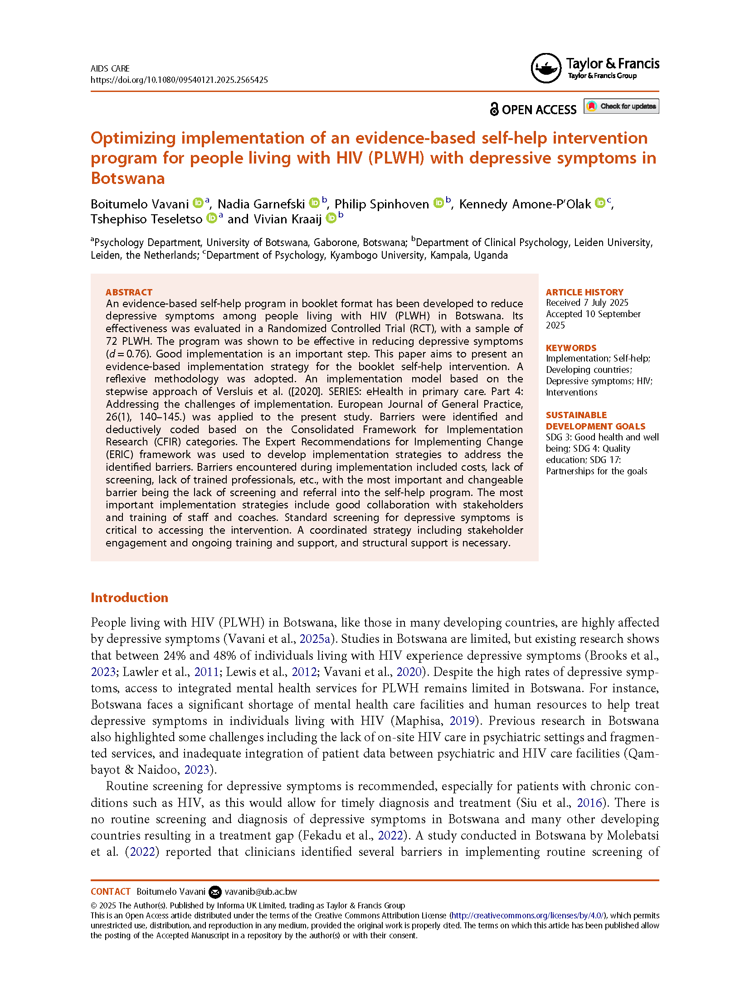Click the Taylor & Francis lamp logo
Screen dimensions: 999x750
coord(545,68)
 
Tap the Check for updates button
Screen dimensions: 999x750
coord(621,106)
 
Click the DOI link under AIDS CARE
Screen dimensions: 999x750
coord(179,80)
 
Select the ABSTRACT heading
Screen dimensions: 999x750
coord(129,292)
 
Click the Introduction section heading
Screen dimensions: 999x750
coord(129,598)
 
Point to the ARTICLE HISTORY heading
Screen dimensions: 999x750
coord(584,292)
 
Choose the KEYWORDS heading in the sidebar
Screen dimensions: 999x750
coord(571,348)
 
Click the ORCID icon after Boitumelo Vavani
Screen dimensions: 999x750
coord(198,203)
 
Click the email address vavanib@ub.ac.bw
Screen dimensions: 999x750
coord(261,892)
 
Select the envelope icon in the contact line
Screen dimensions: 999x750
coord(215,892)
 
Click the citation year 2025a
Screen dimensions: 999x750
coord(315,639)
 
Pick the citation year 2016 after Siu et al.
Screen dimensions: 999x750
coord(589,803)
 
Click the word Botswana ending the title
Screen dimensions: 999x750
coord(128,179)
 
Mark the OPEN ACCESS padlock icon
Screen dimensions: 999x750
coord(494,109)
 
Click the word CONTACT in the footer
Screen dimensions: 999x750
coord(111,892)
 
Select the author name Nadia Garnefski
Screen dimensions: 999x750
coord(261,204)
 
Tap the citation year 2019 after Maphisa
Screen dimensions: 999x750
coord(462,721)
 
